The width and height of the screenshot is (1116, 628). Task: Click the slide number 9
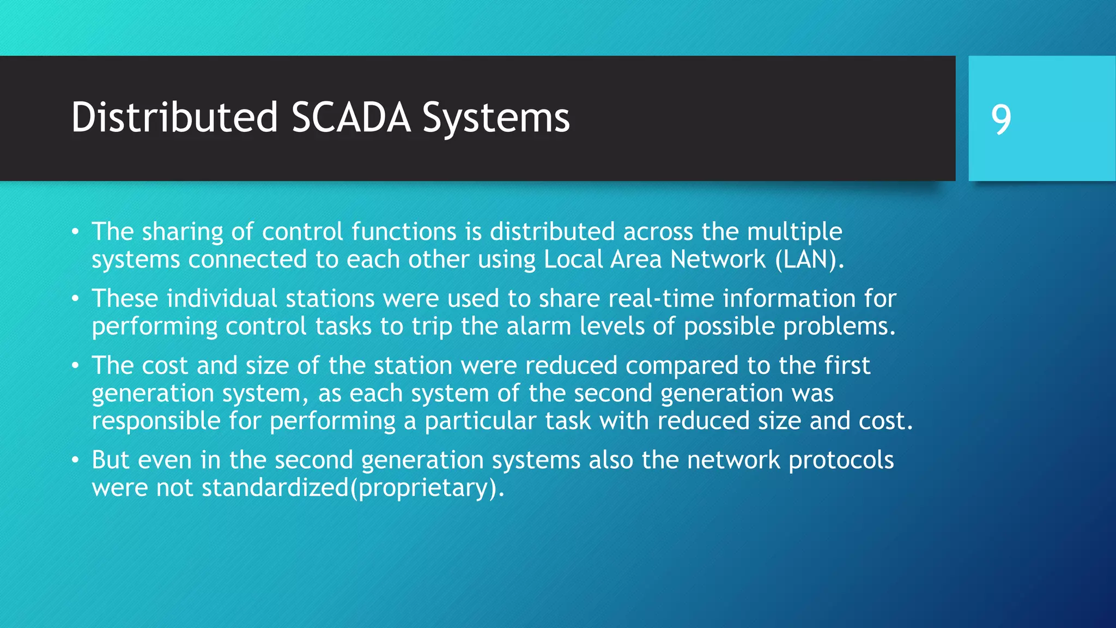pyautogui.click(x=1001, y=119)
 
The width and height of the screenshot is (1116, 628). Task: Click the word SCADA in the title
pyautogui.click(x=351, y=118)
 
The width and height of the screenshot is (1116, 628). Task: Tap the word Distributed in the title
pyautogui.click(x=174, y=118)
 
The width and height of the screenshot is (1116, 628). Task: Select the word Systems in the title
pyautogui.click(x=496, y=119)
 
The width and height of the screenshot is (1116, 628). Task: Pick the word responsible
pyautogui.click(x=156, y=421)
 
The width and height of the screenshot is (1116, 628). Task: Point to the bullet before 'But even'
pyautogui.click(x=76, y=461)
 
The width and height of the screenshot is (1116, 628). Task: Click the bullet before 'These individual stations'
pyautogui.click(x=76, y=299)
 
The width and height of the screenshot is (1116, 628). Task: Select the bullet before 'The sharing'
pyautogui.click(x=76, y=232)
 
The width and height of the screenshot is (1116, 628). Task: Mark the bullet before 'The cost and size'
pyautogui.click(x=76, y=366)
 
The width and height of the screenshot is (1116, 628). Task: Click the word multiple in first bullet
pyautogui.click(x=794, y=232)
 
